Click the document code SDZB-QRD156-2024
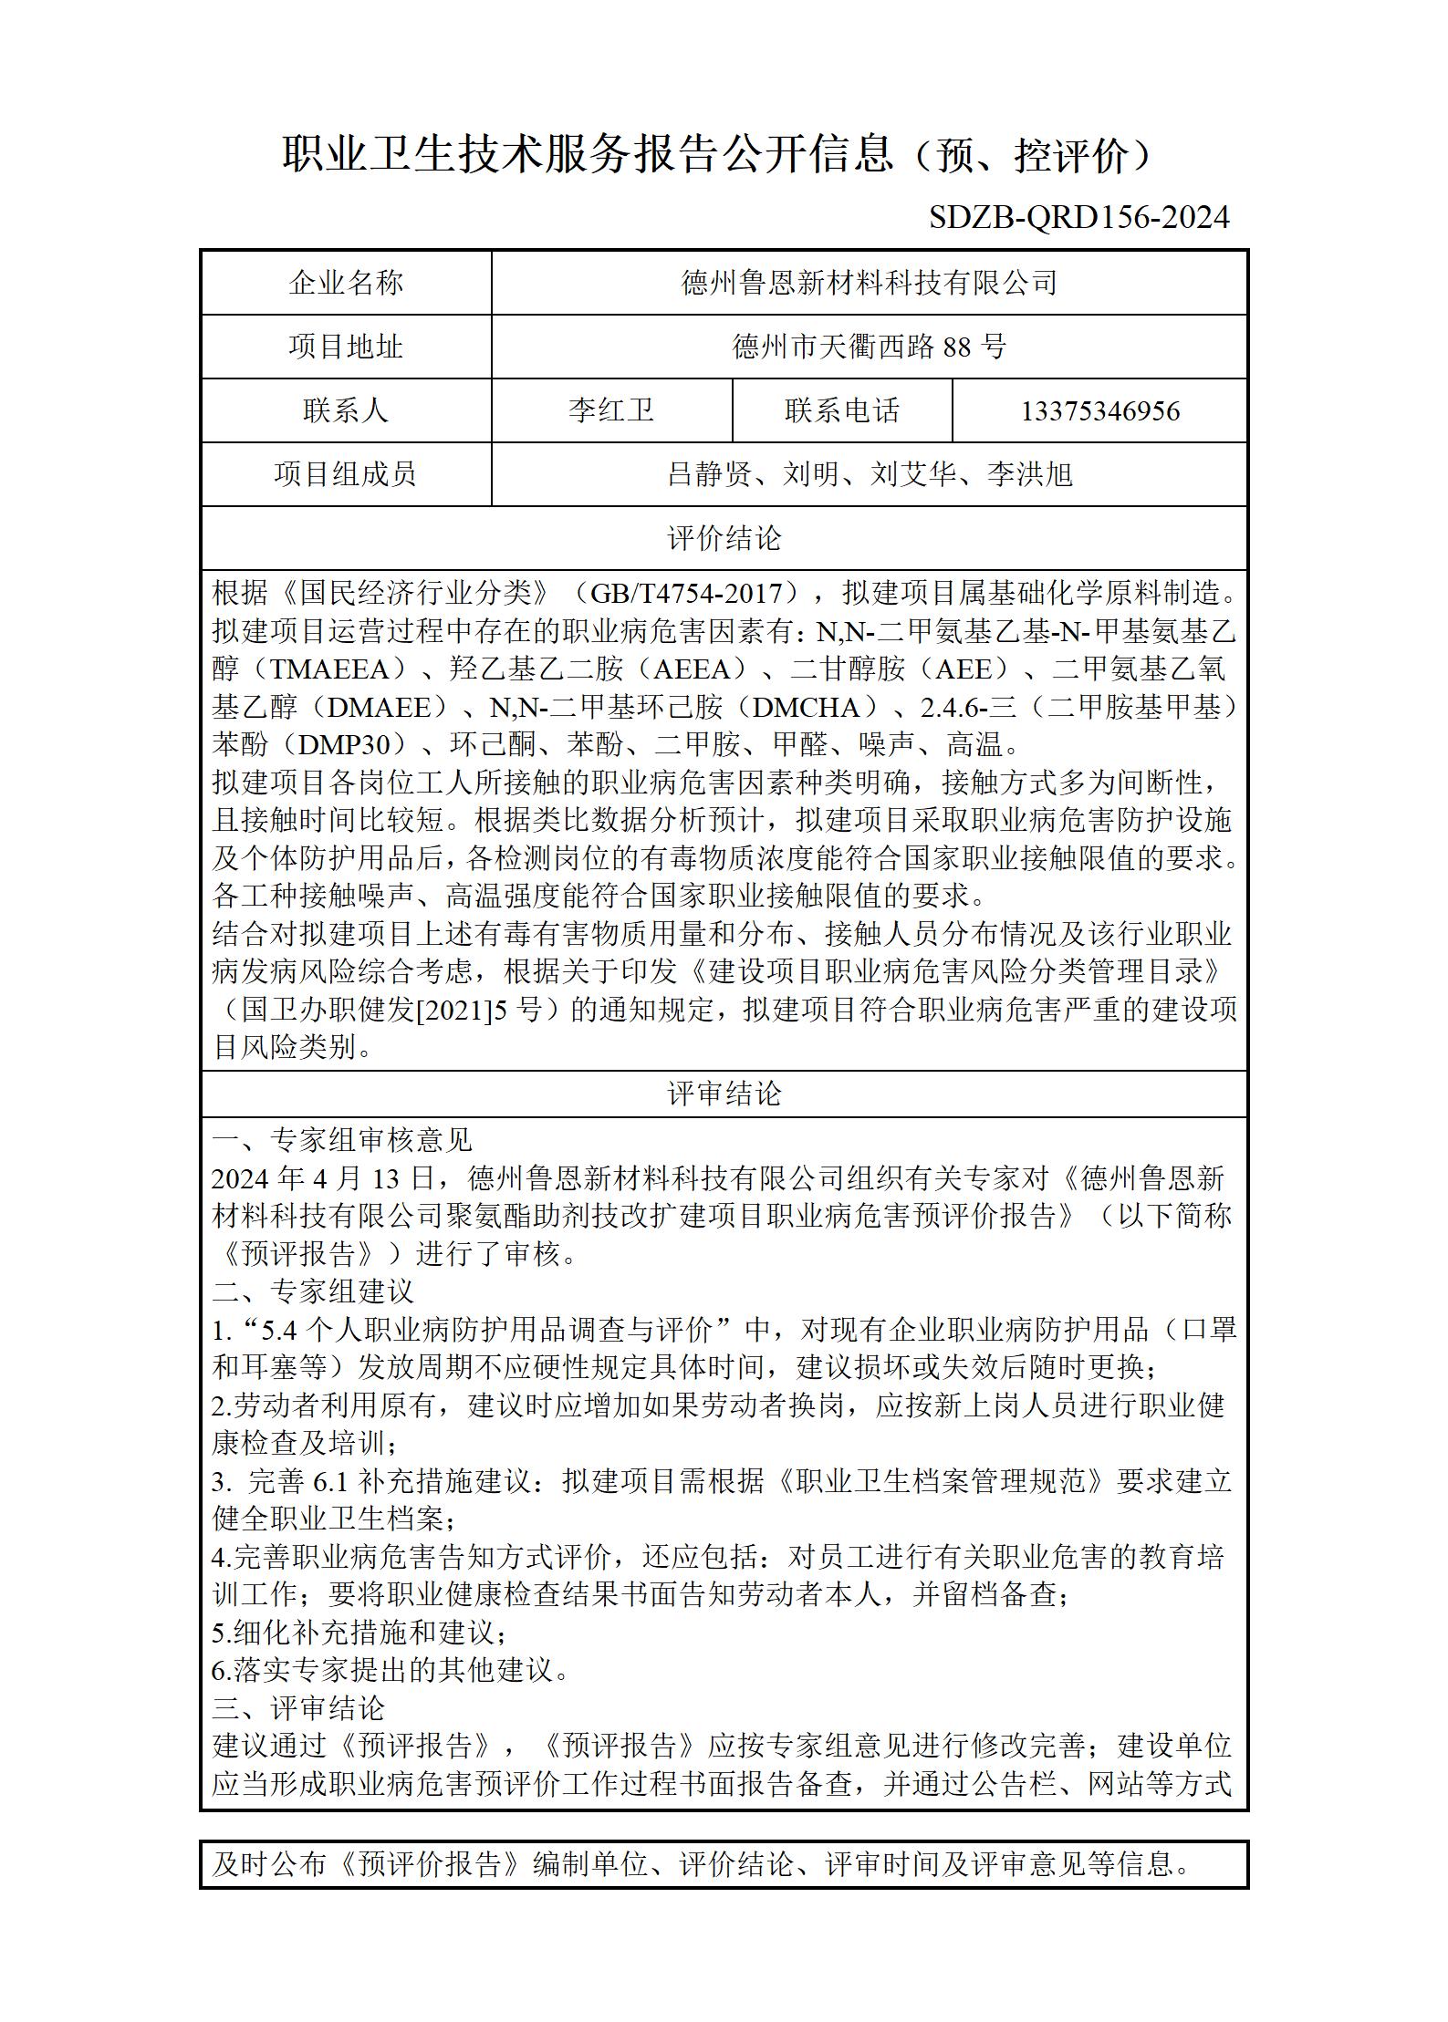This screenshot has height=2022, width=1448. [x=1079, y=217]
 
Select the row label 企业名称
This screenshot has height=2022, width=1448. [x=346, y=283]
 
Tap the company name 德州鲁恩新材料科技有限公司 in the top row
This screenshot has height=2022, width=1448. [x=869, y=283]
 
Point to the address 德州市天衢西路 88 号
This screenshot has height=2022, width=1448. [x=869, y=347]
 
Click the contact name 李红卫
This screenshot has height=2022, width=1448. [x=611, y=410]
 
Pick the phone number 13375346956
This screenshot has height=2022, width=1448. [x=1099, y=411]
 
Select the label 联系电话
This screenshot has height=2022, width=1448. [x=841, y=410]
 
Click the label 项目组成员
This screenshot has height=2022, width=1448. [x=346, y=474]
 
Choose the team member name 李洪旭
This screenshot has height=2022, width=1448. [x=1030, y=474]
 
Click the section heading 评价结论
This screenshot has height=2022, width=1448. [x=724, y=538]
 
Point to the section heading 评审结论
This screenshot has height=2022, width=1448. [x=724, y=1094]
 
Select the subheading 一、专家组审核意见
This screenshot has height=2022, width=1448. [x=342, y=1140]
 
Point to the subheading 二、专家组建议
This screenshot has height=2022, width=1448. [x=313, y=1291]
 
